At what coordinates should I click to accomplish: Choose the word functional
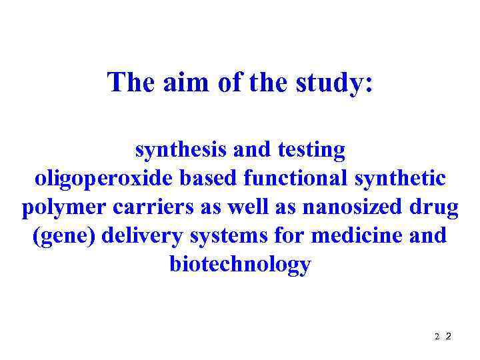tap(296, 179)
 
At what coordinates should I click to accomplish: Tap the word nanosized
tap(353, 207)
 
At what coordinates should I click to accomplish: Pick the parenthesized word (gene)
tap(64, 237)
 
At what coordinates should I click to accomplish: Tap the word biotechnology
tap(240, 265)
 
